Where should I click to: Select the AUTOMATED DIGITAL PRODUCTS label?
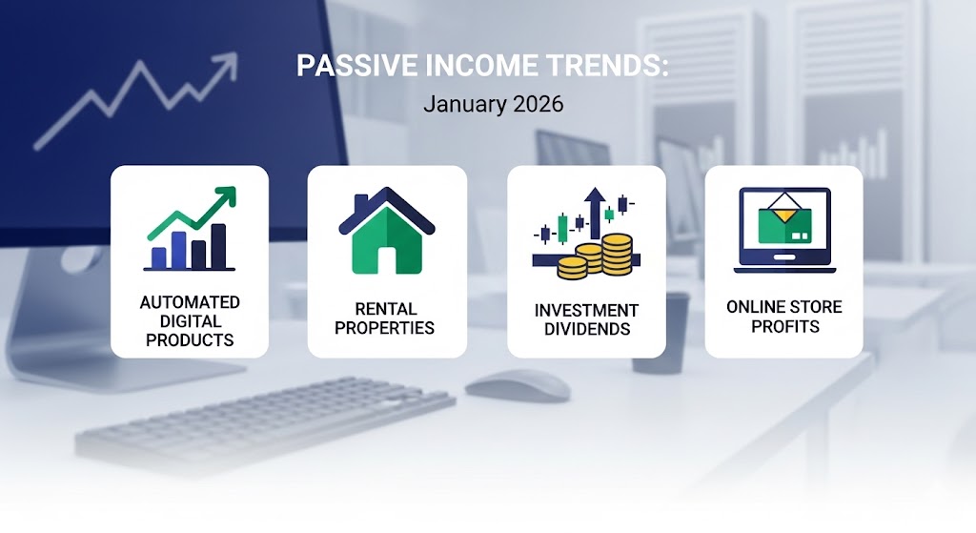point(190,320)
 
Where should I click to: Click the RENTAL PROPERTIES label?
point(387,318)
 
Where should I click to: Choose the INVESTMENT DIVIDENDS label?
point(586,319)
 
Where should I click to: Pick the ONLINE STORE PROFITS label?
point(783,317)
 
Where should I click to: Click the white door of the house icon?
point(387,258)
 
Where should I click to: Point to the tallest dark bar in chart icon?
point(218,247)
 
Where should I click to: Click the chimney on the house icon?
point(360,203)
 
